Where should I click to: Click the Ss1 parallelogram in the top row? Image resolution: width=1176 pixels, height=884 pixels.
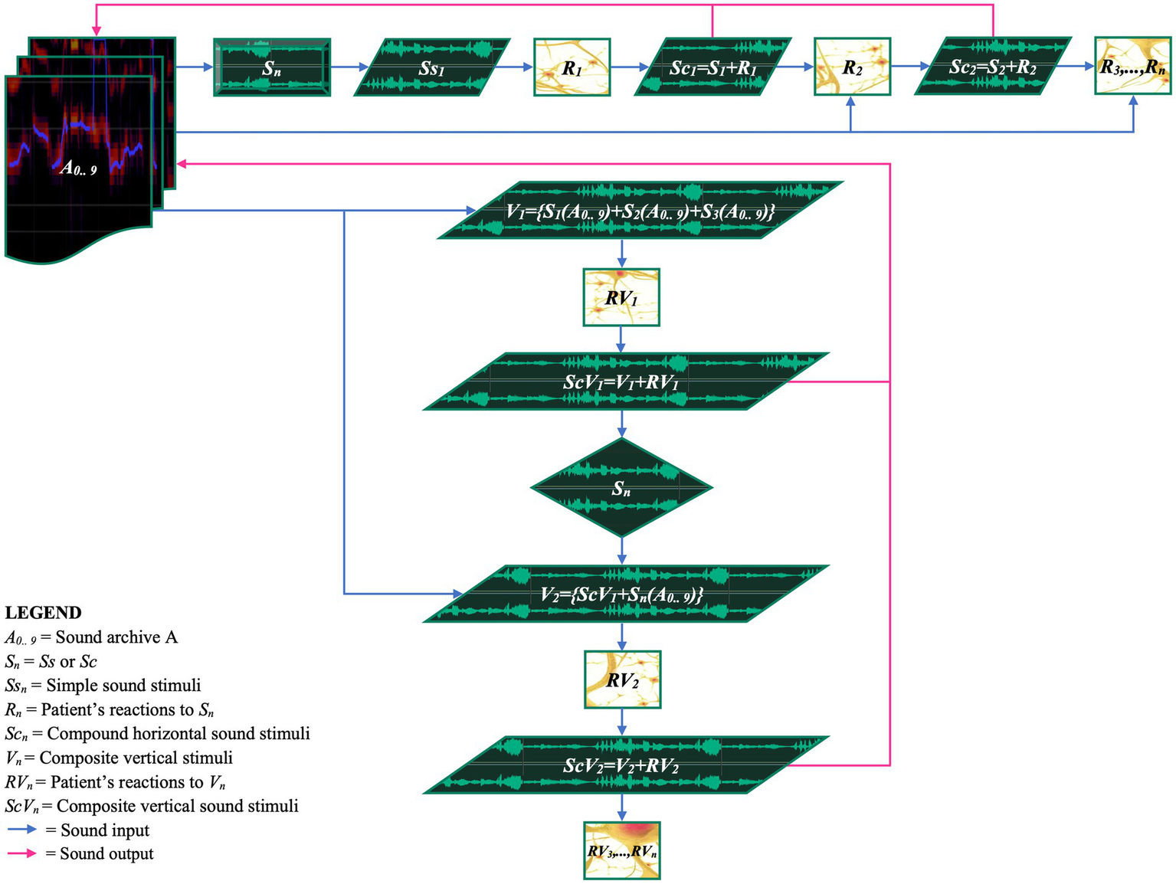click(431, 67)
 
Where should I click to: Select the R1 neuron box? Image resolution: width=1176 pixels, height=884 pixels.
click(572, 67)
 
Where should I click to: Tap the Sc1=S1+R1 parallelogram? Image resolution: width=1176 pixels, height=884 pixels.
click(712, 67)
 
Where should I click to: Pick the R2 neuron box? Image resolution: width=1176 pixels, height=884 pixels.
click(852, 67)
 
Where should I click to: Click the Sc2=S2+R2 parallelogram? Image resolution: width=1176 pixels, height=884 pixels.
click(993, 67)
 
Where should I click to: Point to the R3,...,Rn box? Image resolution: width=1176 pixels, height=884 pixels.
click(1133, 67)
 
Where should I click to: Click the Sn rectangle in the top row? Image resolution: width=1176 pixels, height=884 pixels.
click(272, 67)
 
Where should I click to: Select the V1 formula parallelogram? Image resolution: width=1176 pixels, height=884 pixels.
click(640, 210)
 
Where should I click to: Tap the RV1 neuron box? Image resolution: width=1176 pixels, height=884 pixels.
click(621, 297)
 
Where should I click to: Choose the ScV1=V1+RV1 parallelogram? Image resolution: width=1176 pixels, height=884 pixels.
click(625, 381)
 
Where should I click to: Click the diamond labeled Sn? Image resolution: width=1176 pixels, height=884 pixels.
click(621, 487)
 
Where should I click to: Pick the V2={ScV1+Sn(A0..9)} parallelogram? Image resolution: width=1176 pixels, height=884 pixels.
click(625, 594)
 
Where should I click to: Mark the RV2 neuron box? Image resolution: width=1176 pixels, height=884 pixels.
click(622, 679)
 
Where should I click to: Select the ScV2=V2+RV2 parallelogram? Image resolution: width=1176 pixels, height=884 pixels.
click(625, 764)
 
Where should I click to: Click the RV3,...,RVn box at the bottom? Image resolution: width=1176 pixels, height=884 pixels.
click(622, 850)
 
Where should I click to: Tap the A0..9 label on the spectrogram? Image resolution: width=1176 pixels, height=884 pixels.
click(79, 168)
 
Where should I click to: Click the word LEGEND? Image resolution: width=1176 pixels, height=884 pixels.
click(43, 613)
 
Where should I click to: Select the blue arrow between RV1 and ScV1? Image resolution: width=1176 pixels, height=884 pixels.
click(621, 339)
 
